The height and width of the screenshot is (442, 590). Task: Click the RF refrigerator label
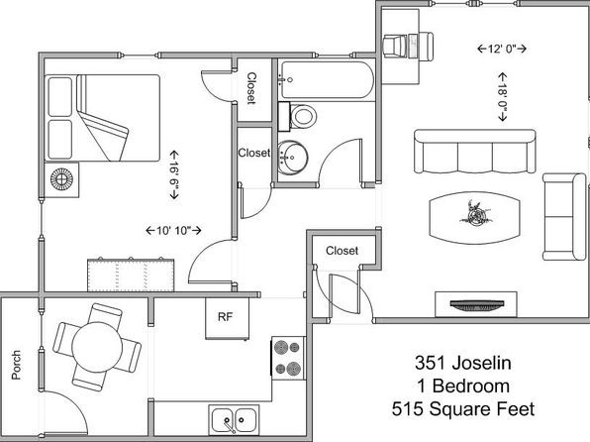pyautogui.click(x=225, y=317)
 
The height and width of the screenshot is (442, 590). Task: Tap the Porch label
pyautogui.click(x=16, y=365)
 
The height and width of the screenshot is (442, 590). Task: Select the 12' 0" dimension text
pyautogui.click(x=501, y=49)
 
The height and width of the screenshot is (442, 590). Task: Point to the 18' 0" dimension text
pyautogui.click(x=502, y=97)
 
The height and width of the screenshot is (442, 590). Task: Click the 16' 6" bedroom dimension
pyautogui.click(x=174, y=174)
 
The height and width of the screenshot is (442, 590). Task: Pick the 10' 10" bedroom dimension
pyautogui.click(x=173, y=230)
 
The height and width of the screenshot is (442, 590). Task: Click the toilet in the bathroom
pyautogui.click(x=297, y=116)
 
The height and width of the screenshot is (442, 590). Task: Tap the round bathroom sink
pyautogui.click(x=293, y=158)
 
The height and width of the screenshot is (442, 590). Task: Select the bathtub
pyautogui.click(x=327, y=79)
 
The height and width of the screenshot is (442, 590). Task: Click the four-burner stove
pyautogui.click(x=288, y=357)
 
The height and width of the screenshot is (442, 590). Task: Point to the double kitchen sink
pyautogui.click(x=235, y=419)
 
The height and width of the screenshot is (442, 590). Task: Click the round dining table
pyautogui.click(x=97, y=347)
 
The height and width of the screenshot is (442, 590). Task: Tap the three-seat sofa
pyautogui.click(x=475, y=152)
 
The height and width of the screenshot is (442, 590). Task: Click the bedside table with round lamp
pyautogui.click(x=61, y=179)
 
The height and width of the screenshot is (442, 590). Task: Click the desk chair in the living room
pyautogui.click(x=395, y=47)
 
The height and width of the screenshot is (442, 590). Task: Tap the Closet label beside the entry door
pyautogui.click(x=343, y=251)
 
